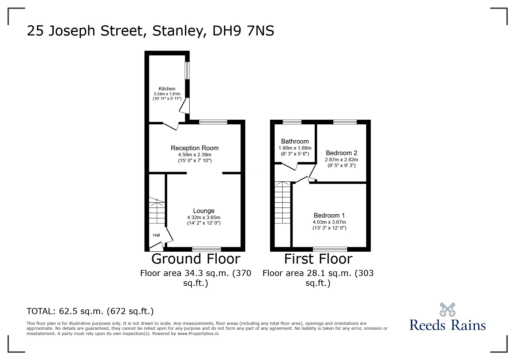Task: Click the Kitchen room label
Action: [167, 89]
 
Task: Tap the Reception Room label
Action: [195, 148]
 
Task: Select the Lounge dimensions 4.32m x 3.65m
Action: [204, 217]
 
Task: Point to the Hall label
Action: [156, 235]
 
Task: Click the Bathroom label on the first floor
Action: [295, 142]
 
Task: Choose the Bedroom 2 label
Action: [341, 153]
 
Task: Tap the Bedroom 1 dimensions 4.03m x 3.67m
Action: [329, 222]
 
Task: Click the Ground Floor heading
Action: [196, 259]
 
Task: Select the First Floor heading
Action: [318, 259]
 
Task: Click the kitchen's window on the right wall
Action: [188, 70]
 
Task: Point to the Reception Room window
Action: [213, 122]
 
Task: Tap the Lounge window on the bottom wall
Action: [206, 249]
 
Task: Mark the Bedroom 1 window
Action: [330, 249]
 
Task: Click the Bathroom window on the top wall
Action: [292, 122]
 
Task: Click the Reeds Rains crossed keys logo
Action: [447, 310]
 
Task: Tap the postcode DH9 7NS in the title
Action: [243, 31]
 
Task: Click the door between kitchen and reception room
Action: [171, 126]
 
